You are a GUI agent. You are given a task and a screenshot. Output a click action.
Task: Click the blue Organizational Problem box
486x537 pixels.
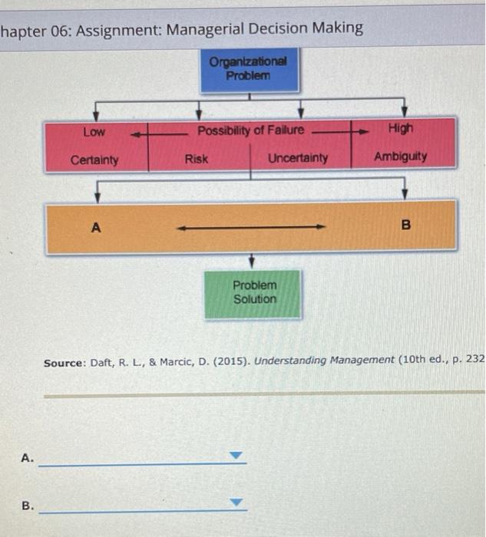[249, 69]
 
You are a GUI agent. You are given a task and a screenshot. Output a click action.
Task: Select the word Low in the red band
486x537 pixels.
[94, 132]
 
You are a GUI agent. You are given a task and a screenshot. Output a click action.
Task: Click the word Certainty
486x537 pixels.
[94, 160]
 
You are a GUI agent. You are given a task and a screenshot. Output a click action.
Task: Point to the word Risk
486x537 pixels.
[196, 159]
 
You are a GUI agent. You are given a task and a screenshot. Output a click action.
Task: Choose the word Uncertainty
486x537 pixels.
[298, 158]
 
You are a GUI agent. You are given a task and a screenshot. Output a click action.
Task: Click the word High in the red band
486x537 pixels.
[401, 129]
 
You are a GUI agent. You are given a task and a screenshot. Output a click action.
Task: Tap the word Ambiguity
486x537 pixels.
[401, 156]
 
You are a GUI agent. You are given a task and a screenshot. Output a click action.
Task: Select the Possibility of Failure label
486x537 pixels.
[250, 130]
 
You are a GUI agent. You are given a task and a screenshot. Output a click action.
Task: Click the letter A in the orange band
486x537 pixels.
[96, 227]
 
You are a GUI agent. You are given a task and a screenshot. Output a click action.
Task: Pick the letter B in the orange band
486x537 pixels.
[406, 226]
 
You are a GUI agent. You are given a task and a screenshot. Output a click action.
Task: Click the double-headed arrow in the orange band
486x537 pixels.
[252, 227]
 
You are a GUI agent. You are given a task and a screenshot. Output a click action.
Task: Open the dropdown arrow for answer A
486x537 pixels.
[237, 456]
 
